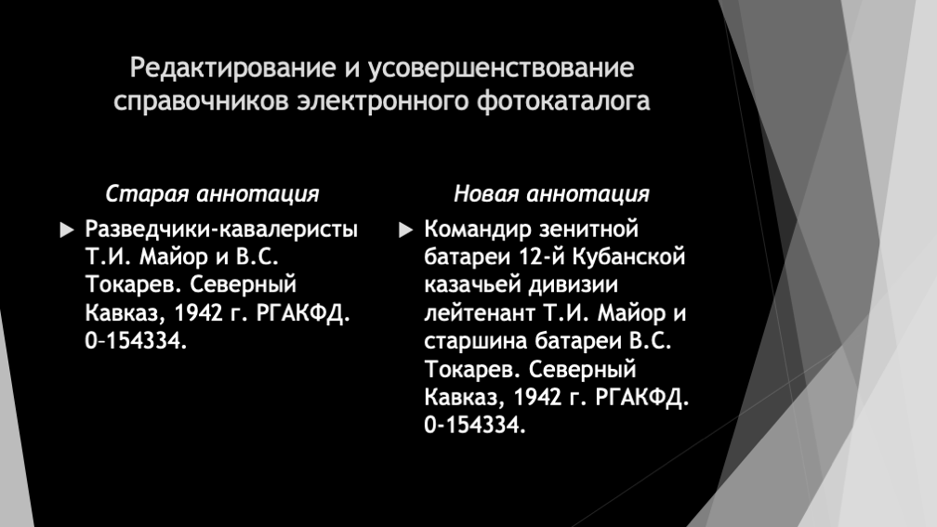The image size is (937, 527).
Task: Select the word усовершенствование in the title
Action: (501, 69)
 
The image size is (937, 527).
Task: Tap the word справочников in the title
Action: (202, 101)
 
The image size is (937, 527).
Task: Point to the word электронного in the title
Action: (383, 101)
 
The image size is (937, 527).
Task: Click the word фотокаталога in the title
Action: (563, 101)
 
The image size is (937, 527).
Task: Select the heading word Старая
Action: (147, 194)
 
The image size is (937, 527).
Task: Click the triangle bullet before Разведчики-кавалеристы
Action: (67, 231)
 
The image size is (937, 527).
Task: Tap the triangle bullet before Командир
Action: (405, 231)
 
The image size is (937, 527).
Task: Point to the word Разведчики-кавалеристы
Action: (221, 230)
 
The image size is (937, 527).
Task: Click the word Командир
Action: (478, 230)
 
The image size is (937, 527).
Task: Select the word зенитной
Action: (588, 230)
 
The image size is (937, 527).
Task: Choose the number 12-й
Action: (541, 257)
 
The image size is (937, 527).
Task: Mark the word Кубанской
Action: (628, 257)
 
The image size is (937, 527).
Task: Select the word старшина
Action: (476, 341)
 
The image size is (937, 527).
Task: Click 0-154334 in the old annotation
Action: (137, 340)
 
